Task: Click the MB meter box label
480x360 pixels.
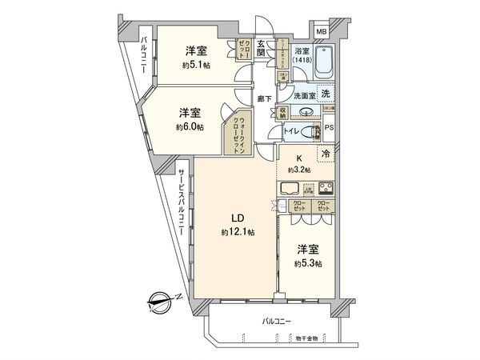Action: [x=321, y=31]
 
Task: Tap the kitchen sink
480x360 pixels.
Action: [x=289, y=190]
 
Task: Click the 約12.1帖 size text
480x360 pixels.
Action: [x=238, y=232]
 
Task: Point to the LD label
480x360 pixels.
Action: [x=238, y=218]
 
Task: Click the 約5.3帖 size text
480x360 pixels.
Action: [x=306, y=263]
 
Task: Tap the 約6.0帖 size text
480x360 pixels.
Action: [x=190, y=126]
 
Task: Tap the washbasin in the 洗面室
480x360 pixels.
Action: [x=289, y=111]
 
